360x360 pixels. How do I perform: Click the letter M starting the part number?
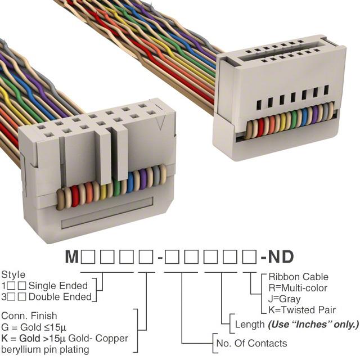tap(72, 256)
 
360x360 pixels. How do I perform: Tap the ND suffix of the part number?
tap(281, 256)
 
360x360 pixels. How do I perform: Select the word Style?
tap(13, 275)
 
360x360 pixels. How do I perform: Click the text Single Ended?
tap(58, 286)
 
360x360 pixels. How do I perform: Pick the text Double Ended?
tap(60, 297)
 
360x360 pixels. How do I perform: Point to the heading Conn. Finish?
tap(29, 316)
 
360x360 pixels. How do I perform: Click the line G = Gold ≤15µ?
tap(34, 327)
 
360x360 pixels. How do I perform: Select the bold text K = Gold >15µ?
tap(33, 339)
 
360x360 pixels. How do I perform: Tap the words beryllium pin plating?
tap(45, 350)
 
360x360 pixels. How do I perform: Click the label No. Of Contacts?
tap(251, 344)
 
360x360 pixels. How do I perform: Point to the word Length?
tap(250, 325)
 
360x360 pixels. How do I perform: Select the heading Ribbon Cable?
tap(298, 277)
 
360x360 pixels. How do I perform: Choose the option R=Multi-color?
tap(298, 288)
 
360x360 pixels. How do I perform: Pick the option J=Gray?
tap(284, 299)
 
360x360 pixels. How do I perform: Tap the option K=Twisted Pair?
tap(302, 310)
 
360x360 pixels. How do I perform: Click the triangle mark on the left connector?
tap(161, 121)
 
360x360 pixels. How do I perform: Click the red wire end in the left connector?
tap(75, 196)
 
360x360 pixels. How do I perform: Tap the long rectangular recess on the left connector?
tap(107, 213)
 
